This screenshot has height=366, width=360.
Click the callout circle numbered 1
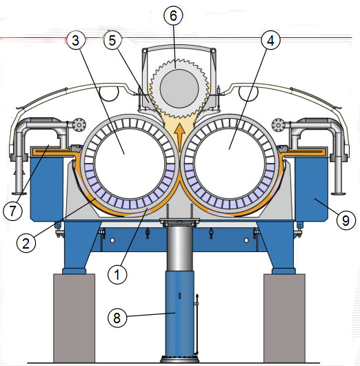coord(117,274)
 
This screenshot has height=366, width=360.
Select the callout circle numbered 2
coord(26,243)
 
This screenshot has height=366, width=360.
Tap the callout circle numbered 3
coord(76,40)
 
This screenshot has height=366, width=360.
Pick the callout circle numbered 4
coord(270,40)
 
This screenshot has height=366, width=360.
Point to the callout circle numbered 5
coord(112,40)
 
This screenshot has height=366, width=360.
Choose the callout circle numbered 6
coord(173,15)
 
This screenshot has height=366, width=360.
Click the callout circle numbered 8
coord(117,318)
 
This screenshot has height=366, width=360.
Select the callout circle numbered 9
coord(346,220)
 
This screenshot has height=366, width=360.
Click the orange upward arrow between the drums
coord(179,137)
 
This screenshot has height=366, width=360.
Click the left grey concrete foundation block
coord(74,318)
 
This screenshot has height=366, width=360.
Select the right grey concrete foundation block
coord(284,318)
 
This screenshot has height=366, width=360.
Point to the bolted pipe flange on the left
coord(79,126)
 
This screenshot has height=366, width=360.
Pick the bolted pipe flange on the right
coord(279,126)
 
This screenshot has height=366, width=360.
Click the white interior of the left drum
coord(130,164)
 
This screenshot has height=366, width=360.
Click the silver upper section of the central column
coord(179,247)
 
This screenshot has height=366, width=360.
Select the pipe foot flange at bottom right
coord(338,193)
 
